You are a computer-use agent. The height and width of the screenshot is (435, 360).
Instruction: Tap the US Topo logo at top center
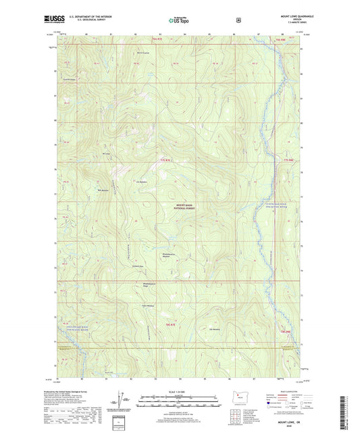click(180, 21)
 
